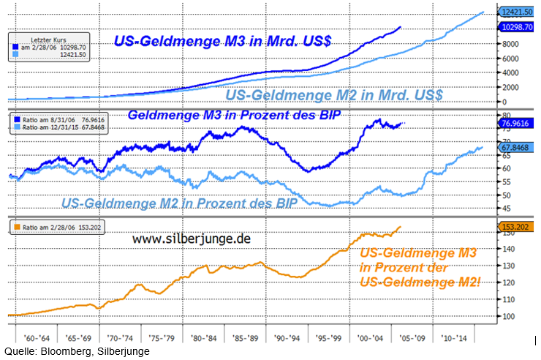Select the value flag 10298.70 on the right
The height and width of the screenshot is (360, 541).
517,26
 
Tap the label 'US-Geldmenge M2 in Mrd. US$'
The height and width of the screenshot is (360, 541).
334,95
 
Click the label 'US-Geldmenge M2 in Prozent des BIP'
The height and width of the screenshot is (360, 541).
180,203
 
